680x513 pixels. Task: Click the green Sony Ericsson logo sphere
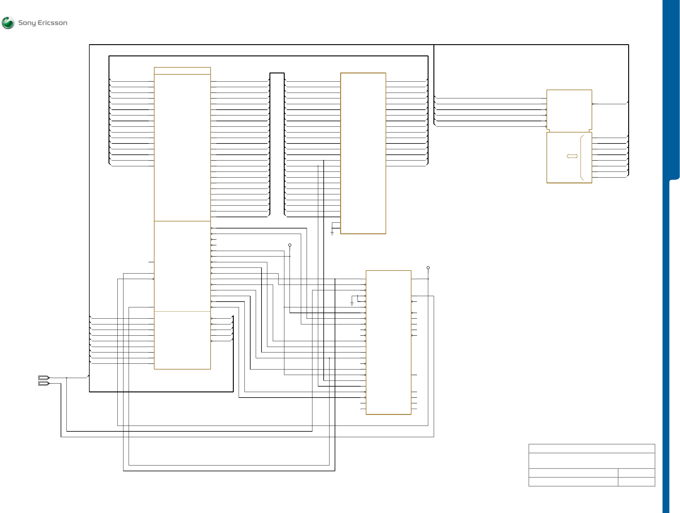pos(8,23)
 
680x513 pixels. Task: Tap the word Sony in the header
pos(27,23)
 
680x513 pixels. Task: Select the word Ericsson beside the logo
pos(52,23)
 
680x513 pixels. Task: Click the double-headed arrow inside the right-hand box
pos(572,156)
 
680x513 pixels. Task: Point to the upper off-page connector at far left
pos(44,377)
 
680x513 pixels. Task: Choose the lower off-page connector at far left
pos(44,383)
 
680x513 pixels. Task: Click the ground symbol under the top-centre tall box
pos(332,233)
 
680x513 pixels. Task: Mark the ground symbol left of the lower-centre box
pos(352,304)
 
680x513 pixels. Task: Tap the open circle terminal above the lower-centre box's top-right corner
pos(428,268)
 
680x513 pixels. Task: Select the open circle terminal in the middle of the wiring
pos(290,245)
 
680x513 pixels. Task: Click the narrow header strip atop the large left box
pos(182,71)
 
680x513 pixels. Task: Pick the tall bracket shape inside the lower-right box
pos(582,157)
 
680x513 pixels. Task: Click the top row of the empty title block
pos(592,448)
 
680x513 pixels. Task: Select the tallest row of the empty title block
pos(592,461)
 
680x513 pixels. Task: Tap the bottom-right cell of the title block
pos(636,482)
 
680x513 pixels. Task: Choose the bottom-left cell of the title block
pos(573,482)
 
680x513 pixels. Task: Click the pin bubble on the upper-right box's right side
pos(593,104)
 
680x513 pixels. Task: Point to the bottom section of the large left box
pos(182,340)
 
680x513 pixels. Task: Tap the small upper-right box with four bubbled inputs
pos(569,110)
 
